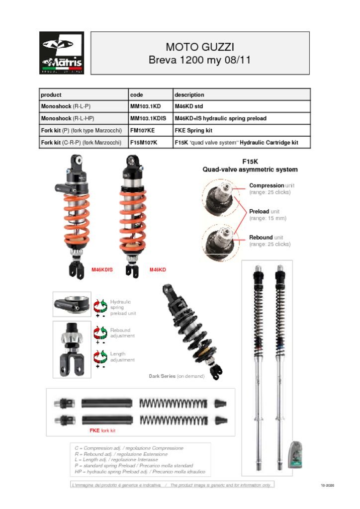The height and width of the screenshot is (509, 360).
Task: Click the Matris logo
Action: tap(62, 53)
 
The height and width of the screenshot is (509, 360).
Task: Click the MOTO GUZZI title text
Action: tap(199, 47)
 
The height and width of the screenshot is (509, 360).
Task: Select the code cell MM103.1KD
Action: tap(146, 106)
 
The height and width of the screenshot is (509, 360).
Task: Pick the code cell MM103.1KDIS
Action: tap(149, 118)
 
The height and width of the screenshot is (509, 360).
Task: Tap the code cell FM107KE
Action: tap(143, 130)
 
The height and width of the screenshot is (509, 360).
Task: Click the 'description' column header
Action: tap(189, 94)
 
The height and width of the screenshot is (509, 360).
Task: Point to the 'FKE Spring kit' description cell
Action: tap(193, 130)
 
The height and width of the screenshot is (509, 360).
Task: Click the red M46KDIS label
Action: tap(102, 270)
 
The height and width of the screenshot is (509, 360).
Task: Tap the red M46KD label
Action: tap(158, 270)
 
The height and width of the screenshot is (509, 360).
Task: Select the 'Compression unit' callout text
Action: tap(270, 188)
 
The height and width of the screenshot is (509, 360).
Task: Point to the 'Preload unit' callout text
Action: tap(268, 215)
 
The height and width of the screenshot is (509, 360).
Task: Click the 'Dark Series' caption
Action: tap(177, 376)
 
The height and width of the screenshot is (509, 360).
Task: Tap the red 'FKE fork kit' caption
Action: tap(102, 430)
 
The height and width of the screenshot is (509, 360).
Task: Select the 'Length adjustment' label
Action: tap(122, 357)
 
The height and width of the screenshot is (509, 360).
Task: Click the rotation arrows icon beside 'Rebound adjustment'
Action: tap(101, 333)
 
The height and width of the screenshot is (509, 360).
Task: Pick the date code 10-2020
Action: tap(327, 485)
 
